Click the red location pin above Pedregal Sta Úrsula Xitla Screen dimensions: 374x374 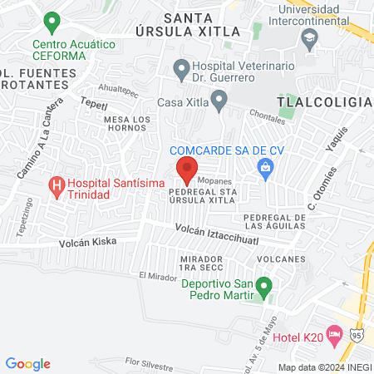(186, 171)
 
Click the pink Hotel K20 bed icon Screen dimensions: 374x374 (335, 337)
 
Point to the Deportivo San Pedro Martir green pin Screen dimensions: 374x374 (264, 288)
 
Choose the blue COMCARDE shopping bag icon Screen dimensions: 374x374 (266, 170)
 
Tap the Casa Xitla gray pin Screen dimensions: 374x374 (219, 101)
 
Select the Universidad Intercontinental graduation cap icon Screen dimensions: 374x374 (310, 37)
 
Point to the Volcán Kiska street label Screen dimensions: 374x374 (87, 242)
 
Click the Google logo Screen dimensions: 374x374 (28, 364)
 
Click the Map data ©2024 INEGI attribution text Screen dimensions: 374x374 (324, 367)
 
